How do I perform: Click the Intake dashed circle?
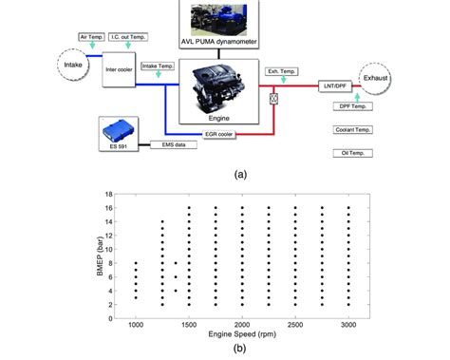tap(62, 68)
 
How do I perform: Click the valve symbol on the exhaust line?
tap(275, 96)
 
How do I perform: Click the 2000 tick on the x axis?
tap(243, 324)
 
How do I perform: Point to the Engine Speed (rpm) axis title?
tap(243, 335)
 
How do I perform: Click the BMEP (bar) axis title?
tap(101, 256)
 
